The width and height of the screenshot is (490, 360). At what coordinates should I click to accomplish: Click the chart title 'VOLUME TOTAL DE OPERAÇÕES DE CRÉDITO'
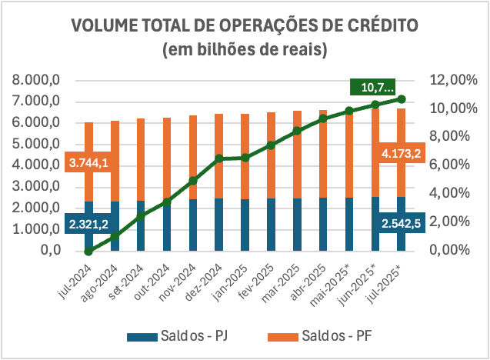245,25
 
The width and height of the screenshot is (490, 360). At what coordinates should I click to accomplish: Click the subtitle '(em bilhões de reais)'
245,50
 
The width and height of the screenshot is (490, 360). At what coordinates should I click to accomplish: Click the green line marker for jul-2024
89,251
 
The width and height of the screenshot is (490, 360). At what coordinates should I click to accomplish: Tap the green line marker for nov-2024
193,181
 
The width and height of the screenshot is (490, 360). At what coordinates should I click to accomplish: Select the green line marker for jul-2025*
401,98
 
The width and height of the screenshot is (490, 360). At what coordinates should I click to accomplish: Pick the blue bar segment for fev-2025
272,224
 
